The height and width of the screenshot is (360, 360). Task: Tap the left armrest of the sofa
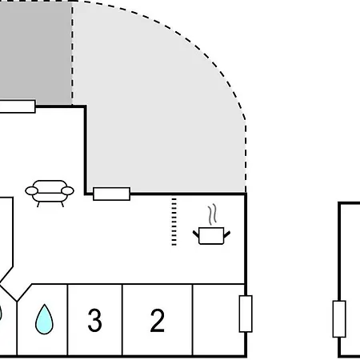31,190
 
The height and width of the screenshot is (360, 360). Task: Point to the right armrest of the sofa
67,190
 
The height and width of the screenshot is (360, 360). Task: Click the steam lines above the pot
212,214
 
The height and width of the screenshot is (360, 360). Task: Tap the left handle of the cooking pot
196,234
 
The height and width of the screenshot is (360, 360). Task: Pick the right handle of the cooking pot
227,234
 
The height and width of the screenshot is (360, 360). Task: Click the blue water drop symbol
44,319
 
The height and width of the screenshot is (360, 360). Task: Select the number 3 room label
95,320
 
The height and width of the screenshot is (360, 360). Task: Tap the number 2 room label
158,320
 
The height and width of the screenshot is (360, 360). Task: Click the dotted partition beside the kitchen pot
174,222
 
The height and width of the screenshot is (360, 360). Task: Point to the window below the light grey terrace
112,194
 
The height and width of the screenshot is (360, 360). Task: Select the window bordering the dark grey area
18,106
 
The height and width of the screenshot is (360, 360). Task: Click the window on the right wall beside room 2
246,314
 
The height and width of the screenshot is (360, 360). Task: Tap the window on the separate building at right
339,319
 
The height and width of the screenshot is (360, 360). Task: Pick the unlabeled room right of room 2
218,320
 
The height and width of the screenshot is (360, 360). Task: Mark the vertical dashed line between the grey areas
72,54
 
